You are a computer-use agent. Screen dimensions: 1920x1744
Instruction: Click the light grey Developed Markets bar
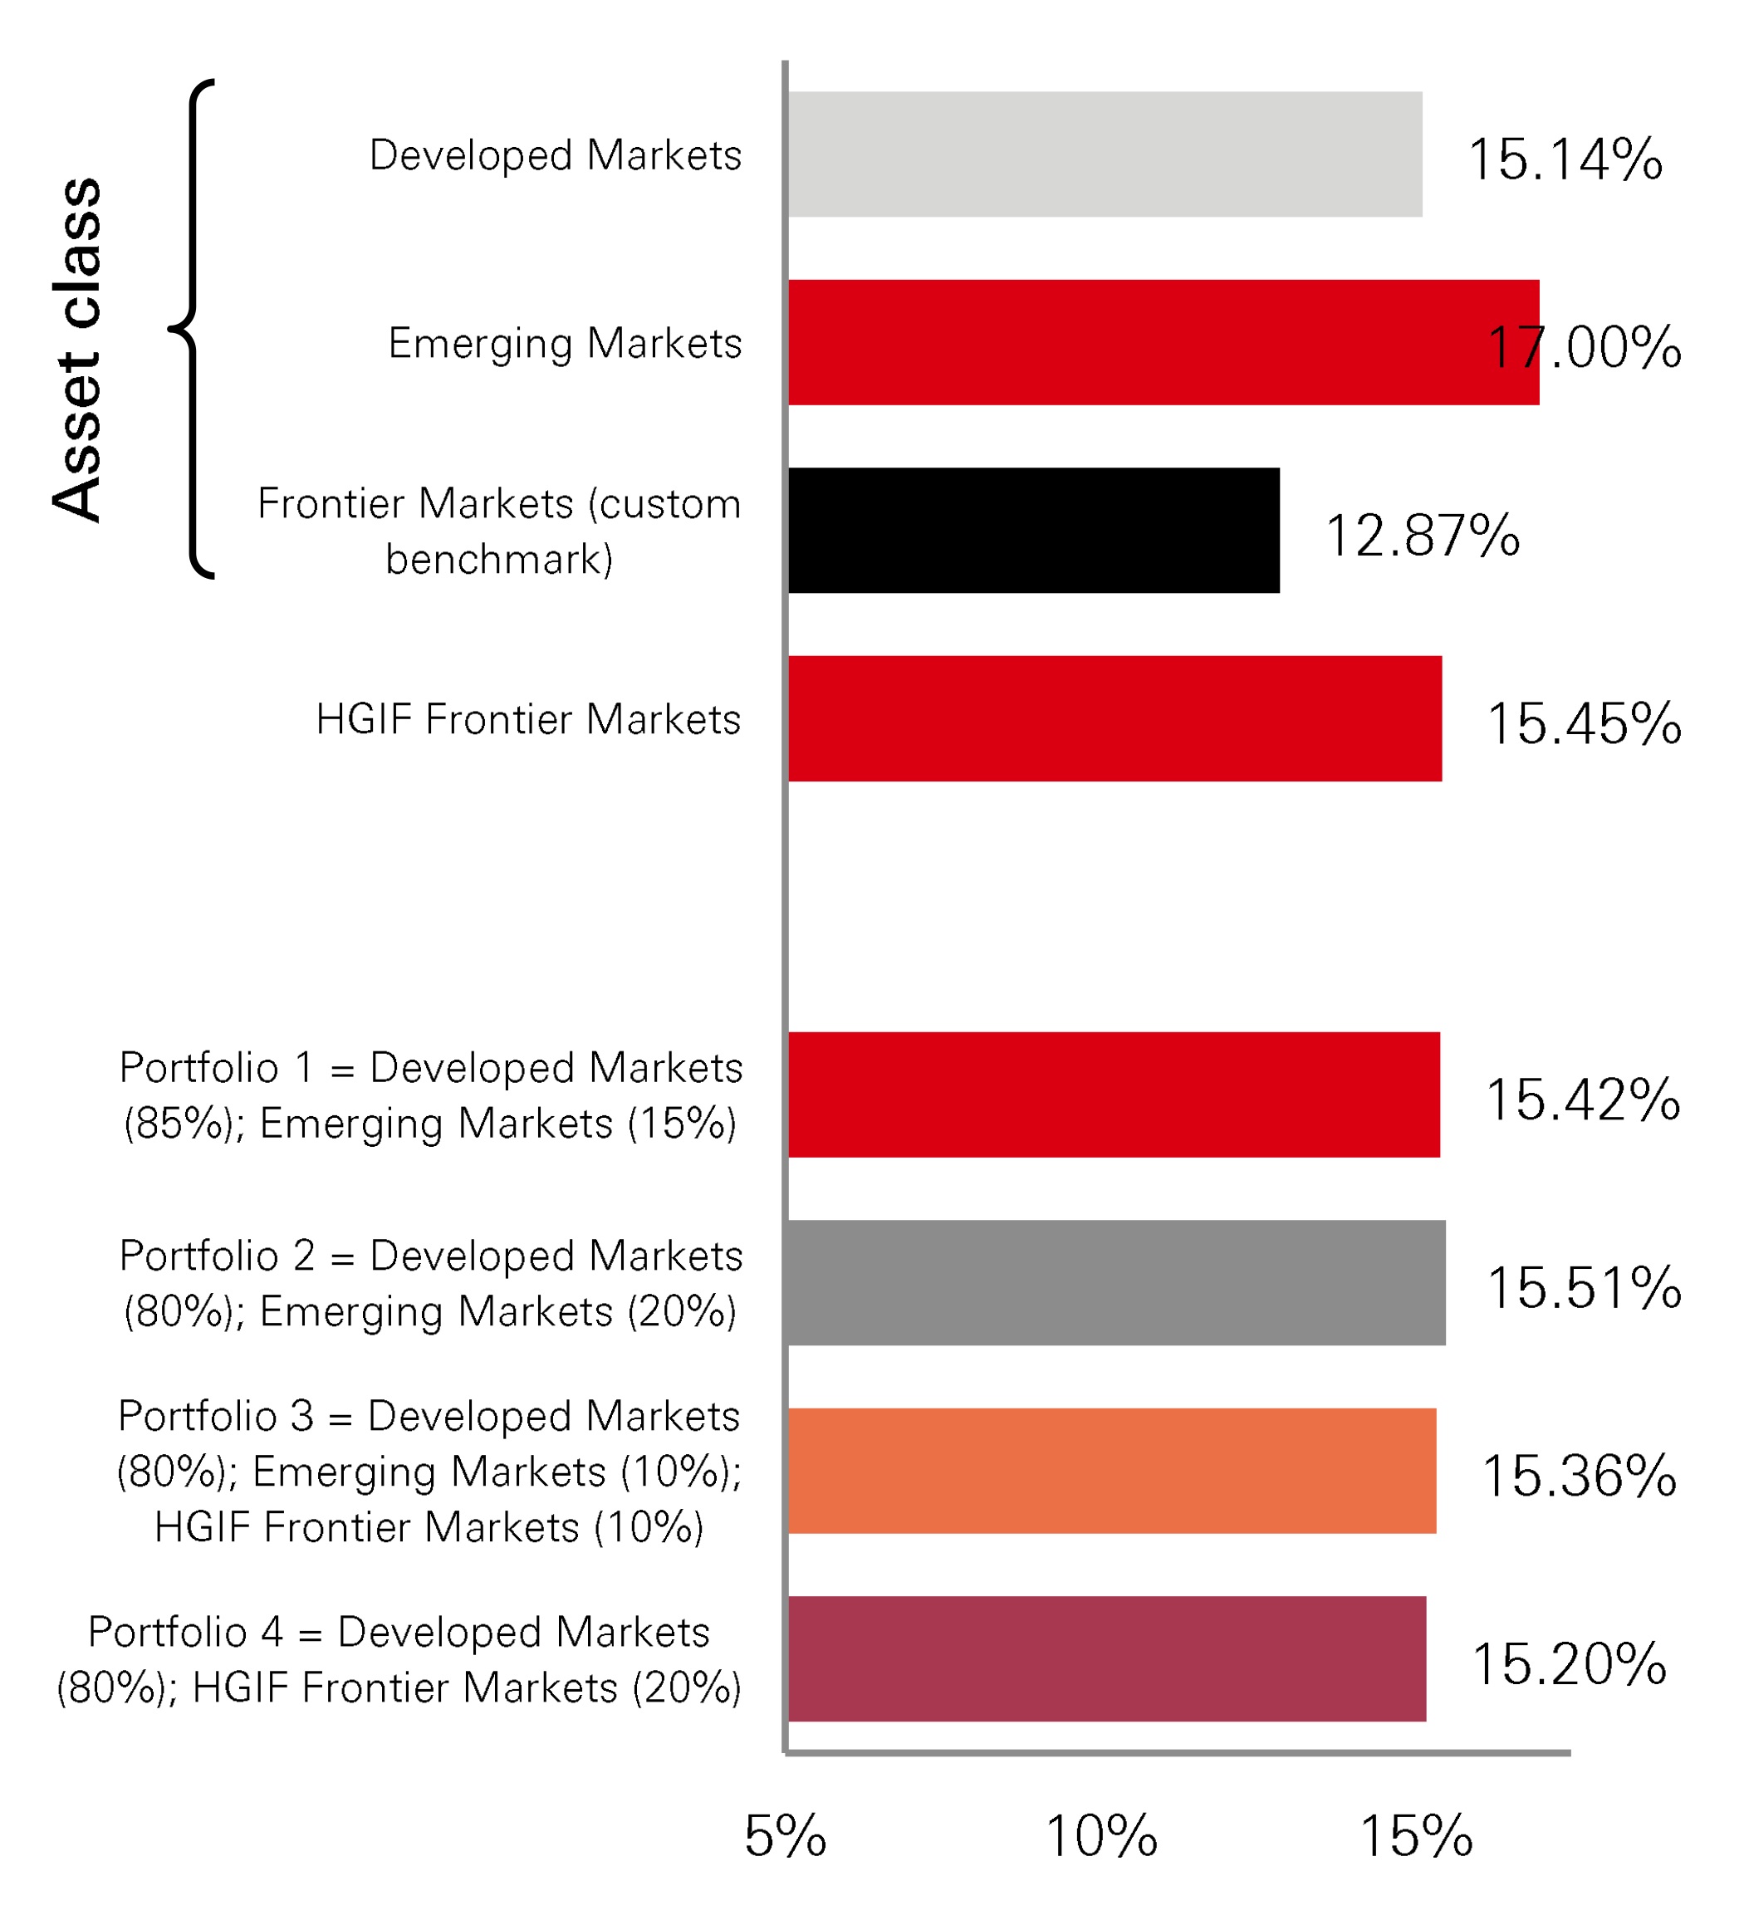tap(1105, 154)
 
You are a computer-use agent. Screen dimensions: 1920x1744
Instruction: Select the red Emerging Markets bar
tap(1162, 342)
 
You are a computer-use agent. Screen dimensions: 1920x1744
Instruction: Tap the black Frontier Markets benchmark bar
tap(1033, 531)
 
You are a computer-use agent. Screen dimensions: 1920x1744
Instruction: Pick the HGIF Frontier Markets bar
tap(1114, 719)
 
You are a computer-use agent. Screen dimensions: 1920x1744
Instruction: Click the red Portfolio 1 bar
tap(1114, 1095)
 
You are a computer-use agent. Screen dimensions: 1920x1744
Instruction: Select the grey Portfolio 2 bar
tap(1116, 1283)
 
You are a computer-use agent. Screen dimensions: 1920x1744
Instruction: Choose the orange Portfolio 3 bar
tap(1111, 1471)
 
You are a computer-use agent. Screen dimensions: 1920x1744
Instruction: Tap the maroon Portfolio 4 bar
tap(1107, 1658)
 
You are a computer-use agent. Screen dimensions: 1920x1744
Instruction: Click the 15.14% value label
tap(1565, 159)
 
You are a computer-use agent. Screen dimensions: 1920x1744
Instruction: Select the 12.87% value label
tap(1422, 536)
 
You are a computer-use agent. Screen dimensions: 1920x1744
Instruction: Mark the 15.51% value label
tap(1584, 1288)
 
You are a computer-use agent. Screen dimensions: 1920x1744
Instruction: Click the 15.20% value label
tap(1569, 1664)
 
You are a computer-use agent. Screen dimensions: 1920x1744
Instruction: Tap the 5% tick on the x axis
tap(785, 1836)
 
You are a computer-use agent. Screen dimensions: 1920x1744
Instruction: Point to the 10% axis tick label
tap(1101, 1836)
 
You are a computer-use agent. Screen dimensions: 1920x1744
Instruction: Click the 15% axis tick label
tap(1416, 1836)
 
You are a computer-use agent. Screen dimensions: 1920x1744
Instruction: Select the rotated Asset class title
tap(76, 350)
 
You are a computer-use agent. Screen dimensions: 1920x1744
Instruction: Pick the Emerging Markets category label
tap(564, 343)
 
